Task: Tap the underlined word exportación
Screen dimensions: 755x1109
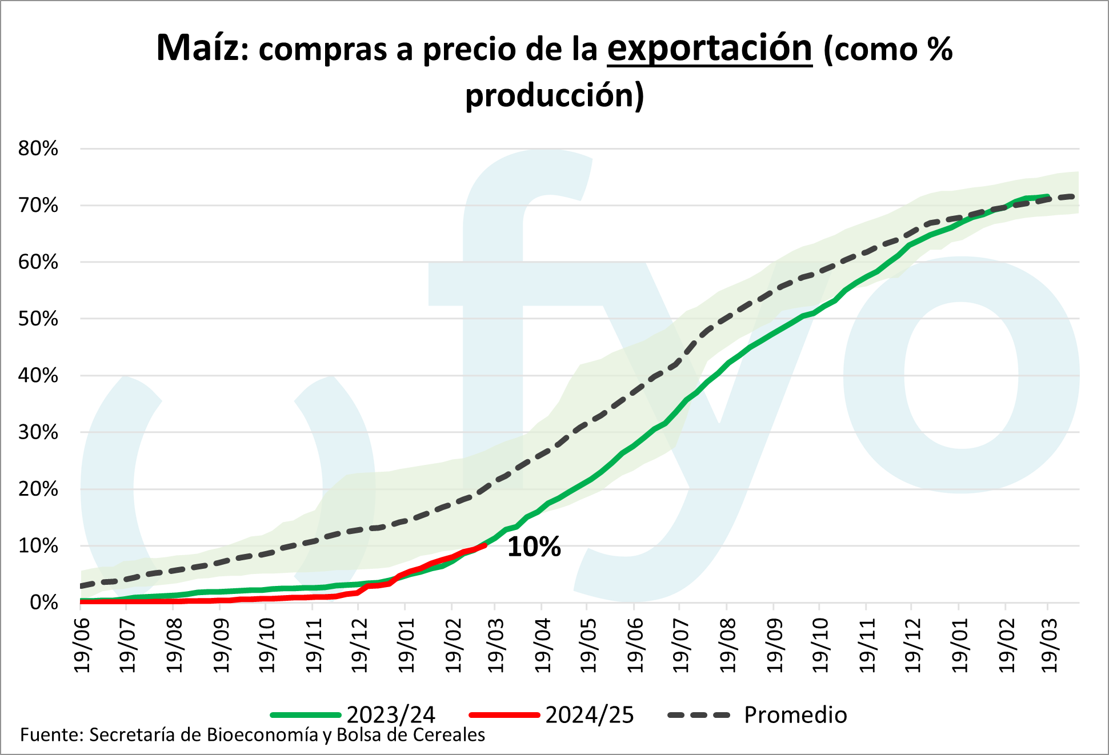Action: pos(709,49)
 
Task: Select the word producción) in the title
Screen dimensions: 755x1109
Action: pos(554,95)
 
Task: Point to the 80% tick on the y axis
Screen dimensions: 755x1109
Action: pos(38,149)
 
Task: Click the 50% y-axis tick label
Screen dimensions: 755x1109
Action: pos(38,319)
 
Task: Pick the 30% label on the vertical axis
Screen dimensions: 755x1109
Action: pos(38,432)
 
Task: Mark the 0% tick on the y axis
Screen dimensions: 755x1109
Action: pos(44,603)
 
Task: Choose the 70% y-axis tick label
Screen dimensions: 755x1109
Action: pos(38,206)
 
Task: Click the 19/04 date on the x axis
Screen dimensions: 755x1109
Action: pos(542,645)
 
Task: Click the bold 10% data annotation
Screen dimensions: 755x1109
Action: pos(534,547)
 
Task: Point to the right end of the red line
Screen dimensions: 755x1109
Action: pos(485,545)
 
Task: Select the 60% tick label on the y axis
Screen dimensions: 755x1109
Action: pos(38,262)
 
